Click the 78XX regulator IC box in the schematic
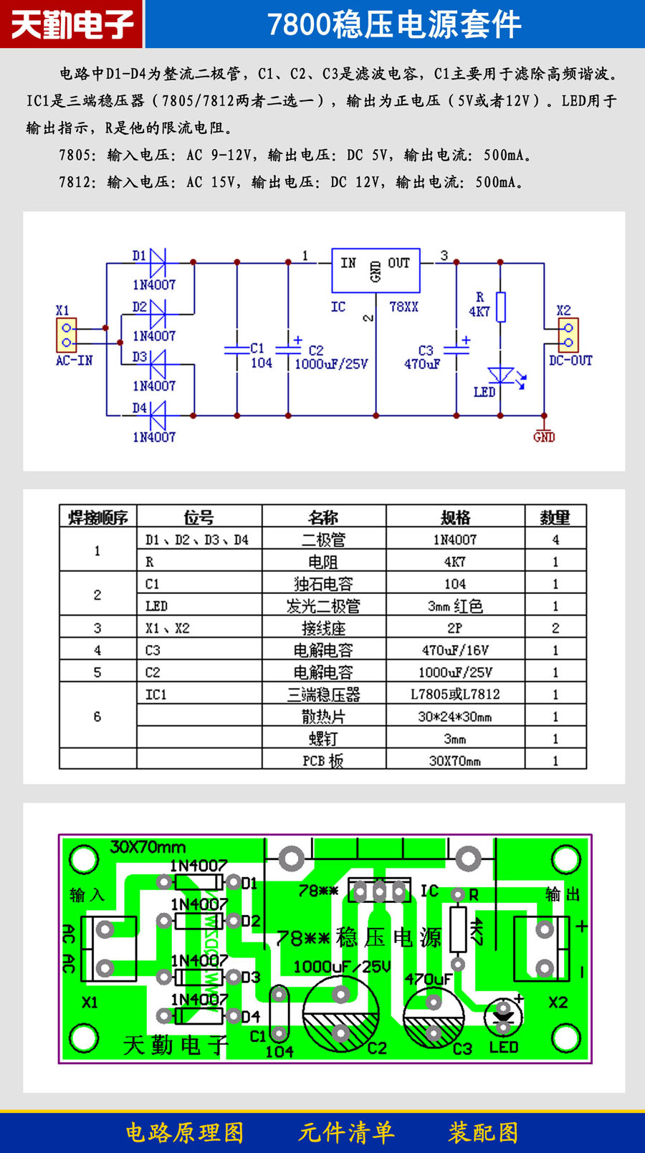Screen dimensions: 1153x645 pyautogui.click(x=376, y=270)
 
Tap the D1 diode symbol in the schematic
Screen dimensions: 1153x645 pyautogui.click(x=157, y=262)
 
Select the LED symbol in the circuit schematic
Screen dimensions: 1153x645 pyautogui.click(x=500, y=375)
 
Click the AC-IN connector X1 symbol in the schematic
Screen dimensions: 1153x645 pyautogui.click(x=67, y=335)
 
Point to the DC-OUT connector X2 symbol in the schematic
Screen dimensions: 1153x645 pyautogui.click(x=568, y=335)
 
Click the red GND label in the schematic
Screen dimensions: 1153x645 pyautogui.click(x=544, y=436)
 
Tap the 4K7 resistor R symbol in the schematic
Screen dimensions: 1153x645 pyautogui.click(x=501, y=306)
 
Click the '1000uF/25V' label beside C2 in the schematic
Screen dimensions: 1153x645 pyautogui.click(x=331, y=364)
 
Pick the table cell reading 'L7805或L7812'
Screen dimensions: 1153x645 pyautogui.click(x=455, y=694)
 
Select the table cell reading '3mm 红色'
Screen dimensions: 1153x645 pyautogui.click(x=455, y=606)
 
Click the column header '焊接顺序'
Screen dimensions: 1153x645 pyautogui.click(x=98, y=517)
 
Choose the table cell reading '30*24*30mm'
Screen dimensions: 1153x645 pyautogui.click(x=455, y=716)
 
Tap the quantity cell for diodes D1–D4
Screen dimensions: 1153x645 pyautogui.click(x=555, y=540)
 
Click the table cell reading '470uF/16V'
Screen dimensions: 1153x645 pyautogui.click(x=455, y=650)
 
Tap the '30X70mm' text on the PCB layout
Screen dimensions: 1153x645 pyautogui.click(x=148, y=847)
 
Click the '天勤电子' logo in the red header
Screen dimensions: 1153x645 pyautogui.click(x=72, y=24)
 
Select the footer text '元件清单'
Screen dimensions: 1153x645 pyautogui.click(x=346, y=1132)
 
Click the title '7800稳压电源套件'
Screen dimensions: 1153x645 pyautogui.click(x=394, y=24)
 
